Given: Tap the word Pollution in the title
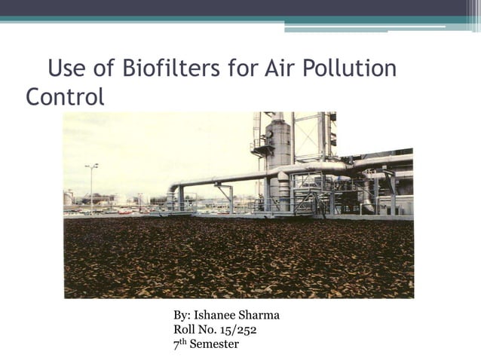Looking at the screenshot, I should click(349, 69).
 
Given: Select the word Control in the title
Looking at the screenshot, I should click(65, 97).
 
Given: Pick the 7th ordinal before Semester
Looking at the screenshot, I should click(179, 344).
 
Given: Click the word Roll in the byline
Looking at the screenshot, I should click(185, 330).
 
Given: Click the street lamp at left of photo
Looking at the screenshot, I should click(91, 185).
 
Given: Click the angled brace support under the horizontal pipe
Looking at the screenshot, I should click(225, 194).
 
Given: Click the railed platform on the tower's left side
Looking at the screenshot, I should click(262, 148).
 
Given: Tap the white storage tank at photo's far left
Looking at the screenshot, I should click(69, 198).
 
